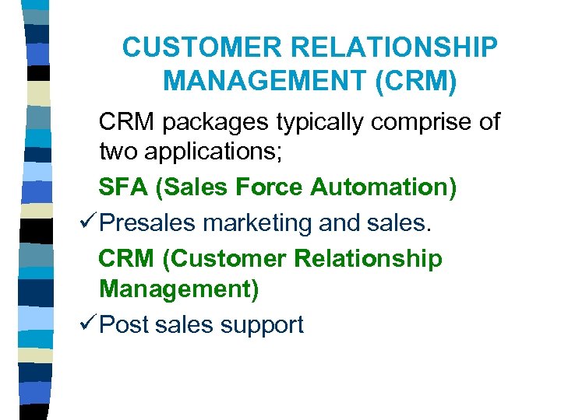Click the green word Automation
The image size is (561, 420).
[x=383, y=187]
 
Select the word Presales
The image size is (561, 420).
[x=148, y=222]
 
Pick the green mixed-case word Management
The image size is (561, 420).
[x=178, y=289]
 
